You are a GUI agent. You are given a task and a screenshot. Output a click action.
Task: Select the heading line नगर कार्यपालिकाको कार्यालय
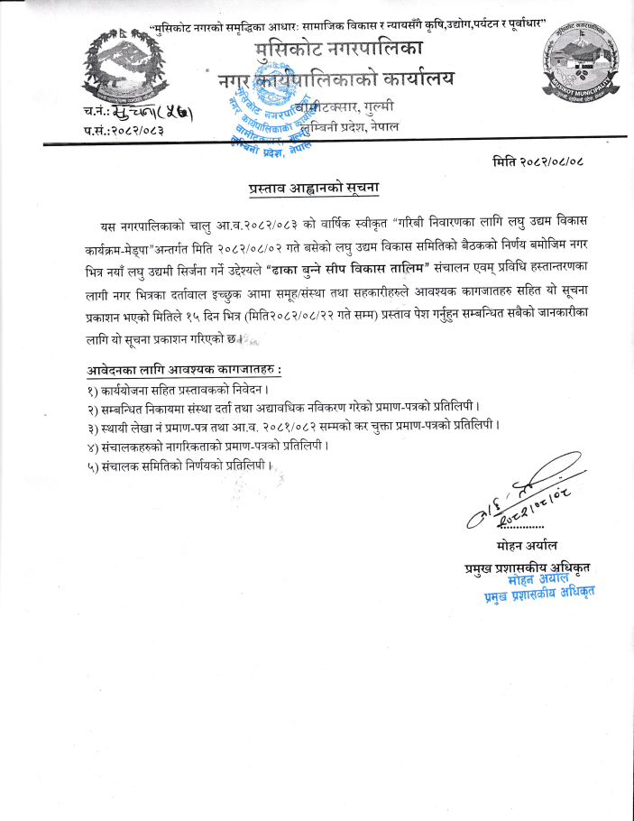pyautogui.click(x=336, y=81)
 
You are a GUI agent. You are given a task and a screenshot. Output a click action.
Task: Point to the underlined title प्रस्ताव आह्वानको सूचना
pyautogui.click(x=314, y=189)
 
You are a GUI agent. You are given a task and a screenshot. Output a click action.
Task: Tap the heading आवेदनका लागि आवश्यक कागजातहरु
pyautogui.click(x=184, y=370)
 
